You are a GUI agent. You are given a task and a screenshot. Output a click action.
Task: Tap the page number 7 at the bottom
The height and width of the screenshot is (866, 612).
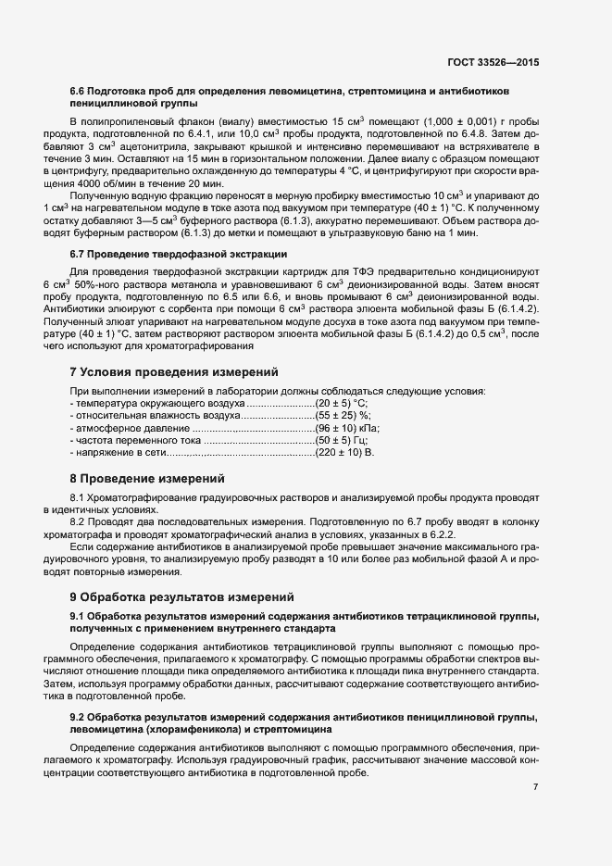(x=535, y=786)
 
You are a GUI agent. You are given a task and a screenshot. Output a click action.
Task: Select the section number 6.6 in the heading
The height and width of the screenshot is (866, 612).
(x=78, y=92)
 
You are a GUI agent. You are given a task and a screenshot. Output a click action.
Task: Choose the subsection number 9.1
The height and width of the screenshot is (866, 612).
(x=78, y=616)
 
